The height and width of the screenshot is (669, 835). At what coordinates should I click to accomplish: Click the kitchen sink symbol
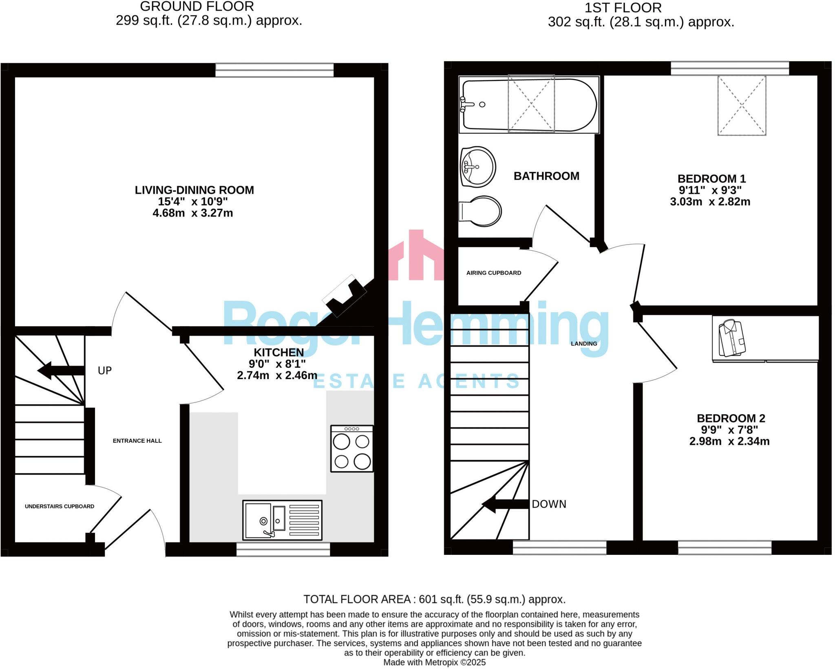[282, 520]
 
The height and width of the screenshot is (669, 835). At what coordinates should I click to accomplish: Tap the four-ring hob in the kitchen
[352, 448]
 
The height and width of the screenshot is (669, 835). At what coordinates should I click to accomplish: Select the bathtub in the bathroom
[528, 104]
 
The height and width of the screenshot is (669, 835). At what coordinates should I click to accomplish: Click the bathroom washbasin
[478, 167]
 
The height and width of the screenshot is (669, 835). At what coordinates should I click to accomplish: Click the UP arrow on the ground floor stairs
[61, 370]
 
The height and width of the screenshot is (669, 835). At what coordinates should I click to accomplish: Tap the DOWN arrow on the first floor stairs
[506, 504]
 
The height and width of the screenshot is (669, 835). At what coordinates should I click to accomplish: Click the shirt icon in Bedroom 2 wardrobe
[732, 338]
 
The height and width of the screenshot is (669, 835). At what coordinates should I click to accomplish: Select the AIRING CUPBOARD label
[494, 273]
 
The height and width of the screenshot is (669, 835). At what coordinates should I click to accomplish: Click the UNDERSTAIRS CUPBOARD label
[60, 506]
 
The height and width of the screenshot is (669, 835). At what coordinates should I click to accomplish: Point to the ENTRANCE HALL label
[137, 441]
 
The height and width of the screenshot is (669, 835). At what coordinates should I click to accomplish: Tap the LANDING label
[584, 344]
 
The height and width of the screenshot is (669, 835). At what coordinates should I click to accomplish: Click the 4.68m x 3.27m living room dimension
[193, 213]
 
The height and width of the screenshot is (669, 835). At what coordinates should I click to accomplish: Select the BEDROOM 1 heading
[711, 179]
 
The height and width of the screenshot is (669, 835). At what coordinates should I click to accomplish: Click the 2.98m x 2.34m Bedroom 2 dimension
[729, 441]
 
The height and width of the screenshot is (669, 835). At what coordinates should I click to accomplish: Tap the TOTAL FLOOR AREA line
[434, 599]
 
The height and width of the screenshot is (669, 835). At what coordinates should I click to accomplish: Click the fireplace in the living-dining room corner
[345, 296]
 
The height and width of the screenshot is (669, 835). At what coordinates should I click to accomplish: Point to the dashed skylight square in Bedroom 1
[742, 105]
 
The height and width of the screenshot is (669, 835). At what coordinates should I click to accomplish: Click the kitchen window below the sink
[283, 549]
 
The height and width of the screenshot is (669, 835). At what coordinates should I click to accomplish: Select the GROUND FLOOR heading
[197, 7]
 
